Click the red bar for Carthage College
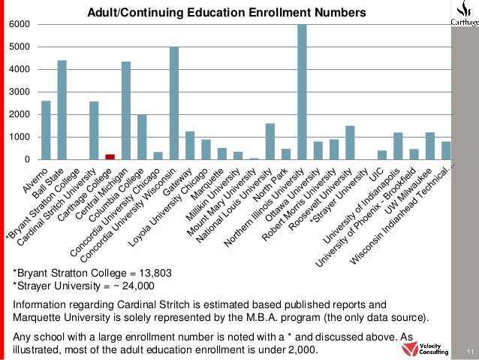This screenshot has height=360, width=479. tap(110, 156)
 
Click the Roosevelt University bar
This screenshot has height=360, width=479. tap(350, 143)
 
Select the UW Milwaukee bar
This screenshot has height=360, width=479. tap(430, 146)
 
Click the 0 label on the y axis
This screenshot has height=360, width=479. tap(27, 160)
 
